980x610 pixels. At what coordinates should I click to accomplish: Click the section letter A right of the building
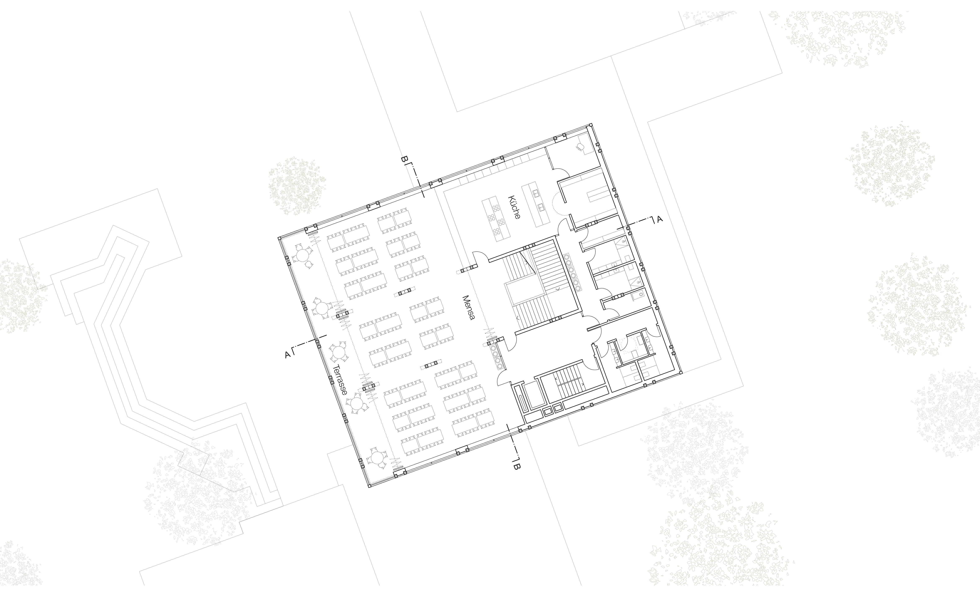click(x=660, y=219)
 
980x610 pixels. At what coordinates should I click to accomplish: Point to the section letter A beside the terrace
click(x=287, y=355)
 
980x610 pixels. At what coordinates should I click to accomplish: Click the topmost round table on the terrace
click(x=302, y=255)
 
